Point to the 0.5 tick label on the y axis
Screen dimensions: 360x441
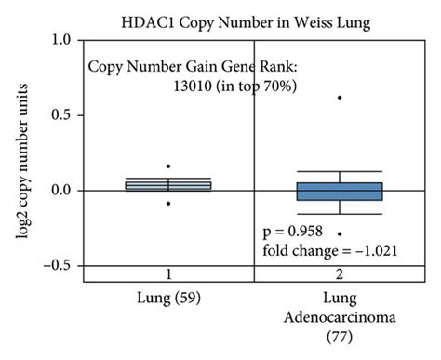pos(64,115)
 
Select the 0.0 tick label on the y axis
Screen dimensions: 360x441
pos(64,191)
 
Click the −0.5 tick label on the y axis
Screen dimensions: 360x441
pos(60,265)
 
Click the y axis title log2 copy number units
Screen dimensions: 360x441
pos(20,153)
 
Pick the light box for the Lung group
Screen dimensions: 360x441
pos(168,185)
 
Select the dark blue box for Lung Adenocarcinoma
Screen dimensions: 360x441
pos(340,191)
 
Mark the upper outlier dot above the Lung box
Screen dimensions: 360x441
pos(168,167)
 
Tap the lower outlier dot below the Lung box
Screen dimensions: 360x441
pos(168,203)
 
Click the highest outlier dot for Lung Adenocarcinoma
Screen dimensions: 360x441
pos(340,98)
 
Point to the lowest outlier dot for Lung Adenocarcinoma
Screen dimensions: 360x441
pos(340,233)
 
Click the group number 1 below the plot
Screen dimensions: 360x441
pos(168,274)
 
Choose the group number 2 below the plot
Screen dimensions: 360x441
pos(340,274)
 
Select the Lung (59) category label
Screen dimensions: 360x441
pos(168,299)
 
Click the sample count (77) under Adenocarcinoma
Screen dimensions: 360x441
pos(340,340)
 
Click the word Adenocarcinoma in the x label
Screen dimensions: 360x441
pos(340,319)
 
